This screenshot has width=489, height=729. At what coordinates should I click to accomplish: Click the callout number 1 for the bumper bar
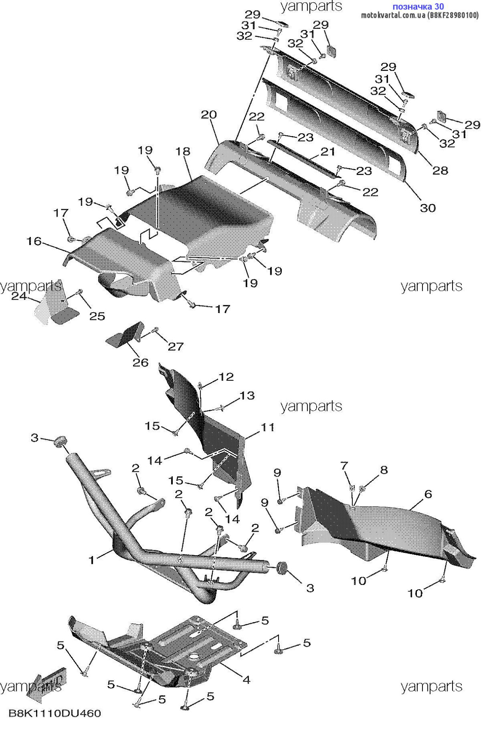[x=92, y=560]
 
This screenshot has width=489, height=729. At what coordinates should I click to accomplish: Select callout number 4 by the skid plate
[x=246, y=680]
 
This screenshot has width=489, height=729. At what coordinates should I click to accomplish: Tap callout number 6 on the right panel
[x=428, y=494]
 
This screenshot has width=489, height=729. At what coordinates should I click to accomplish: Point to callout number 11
[x=268, y=427]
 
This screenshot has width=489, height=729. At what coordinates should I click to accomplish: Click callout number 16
[x=34, y=241]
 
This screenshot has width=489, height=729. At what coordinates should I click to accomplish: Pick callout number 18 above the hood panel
[x=183, y=151]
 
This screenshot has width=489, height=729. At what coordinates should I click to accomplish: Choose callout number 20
[x=209, y=115]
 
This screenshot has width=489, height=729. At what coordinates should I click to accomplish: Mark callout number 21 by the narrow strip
[x=328, y=151]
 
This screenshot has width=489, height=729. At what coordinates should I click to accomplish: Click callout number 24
[x=19, y=296]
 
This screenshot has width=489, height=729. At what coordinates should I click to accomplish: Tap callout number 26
[x=141, y=362]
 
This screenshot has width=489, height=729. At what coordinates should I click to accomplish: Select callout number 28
[x=440, y=170]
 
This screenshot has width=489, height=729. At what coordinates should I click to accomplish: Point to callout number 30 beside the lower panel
[x=428, y=208]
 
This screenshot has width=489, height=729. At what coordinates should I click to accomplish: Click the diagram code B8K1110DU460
[x=55, y=713]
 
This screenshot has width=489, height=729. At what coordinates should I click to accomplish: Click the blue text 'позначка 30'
[x=418, y=6]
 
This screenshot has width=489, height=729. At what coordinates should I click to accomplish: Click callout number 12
[x=226, y=377]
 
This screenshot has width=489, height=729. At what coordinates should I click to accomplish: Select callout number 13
[x=247, y=395]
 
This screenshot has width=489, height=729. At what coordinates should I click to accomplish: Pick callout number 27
[x=176, y=346]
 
